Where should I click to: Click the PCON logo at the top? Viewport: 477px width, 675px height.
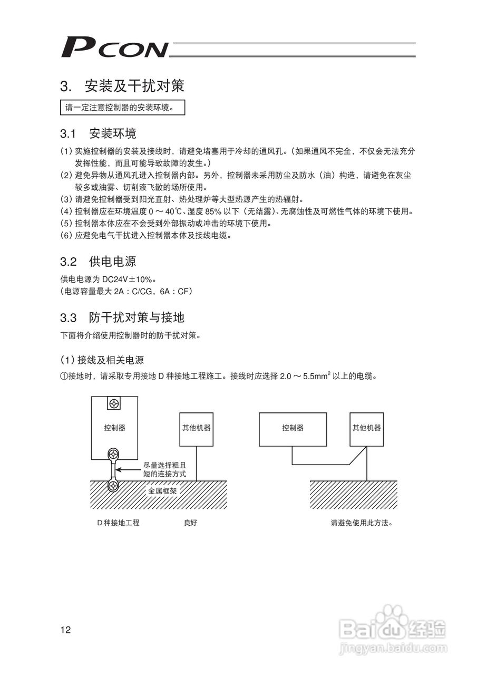[114, 47]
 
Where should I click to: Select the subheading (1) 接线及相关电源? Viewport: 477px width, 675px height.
[102, 360]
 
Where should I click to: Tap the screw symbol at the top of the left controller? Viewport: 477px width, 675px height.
[114, 404]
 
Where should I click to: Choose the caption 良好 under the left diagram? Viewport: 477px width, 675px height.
[190, 523]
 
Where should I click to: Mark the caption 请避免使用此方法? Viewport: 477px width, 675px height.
[362, 523]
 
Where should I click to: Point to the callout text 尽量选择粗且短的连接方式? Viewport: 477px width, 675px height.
[164, 470]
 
